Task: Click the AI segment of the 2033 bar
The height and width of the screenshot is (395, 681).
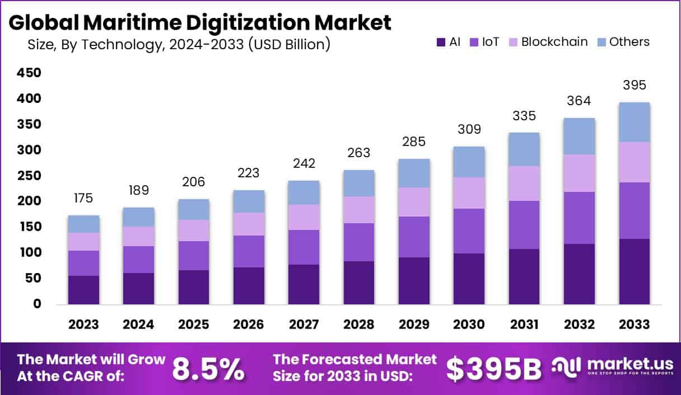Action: (634, 271)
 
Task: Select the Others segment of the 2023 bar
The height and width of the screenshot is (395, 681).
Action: (83, 224)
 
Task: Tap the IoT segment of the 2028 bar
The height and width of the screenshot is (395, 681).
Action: (359, 242)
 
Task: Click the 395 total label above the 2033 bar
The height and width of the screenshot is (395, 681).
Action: (634, 86)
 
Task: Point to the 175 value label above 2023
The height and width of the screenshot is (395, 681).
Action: (83, 198)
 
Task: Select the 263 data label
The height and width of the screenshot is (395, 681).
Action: (359, 153)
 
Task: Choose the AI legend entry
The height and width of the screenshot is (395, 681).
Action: (448, 41)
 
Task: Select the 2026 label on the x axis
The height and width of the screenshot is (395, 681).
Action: (249, 325)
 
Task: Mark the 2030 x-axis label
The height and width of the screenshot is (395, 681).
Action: (469, 325)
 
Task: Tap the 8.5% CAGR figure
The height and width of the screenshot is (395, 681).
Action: (208, 368)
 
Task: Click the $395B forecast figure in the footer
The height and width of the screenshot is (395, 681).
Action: (494, 368)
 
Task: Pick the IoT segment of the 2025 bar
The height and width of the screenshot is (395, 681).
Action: (194, 255)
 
